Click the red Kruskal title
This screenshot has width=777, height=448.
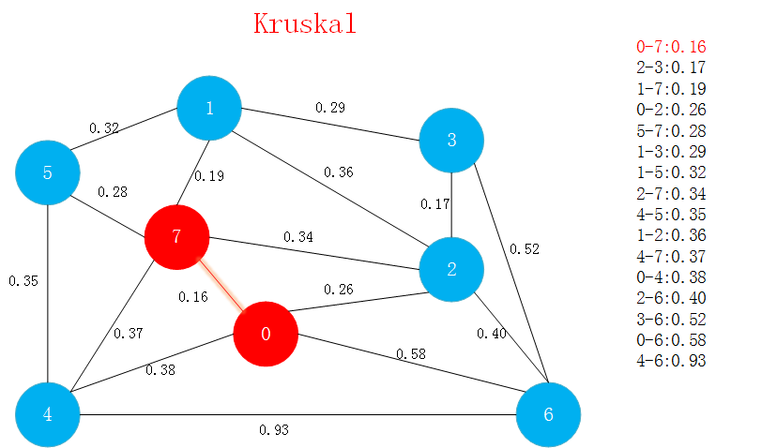coord(305,23)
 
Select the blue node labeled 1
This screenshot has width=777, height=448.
coord(209,108)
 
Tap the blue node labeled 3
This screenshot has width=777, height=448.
coord(451,141)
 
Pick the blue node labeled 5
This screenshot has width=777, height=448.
coord(48,173)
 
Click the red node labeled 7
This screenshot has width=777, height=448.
coord(176,236)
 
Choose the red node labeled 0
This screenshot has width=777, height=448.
coord(266,335)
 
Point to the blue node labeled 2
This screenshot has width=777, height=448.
coord(451,270)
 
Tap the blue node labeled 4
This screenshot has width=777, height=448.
coord(48,414)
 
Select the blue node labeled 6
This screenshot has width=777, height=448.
coord(549,414)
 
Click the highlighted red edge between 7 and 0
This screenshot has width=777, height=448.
coord(222,287)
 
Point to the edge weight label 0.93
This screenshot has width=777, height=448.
coord(274,430)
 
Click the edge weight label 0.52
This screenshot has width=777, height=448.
coord(525,249)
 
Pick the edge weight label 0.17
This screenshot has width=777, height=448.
coord(435,203)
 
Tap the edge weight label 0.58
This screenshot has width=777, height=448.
coord(411,353)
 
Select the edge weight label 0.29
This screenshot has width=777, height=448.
coord(329,108)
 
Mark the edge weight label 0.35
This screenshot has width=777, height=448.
coord(23,280)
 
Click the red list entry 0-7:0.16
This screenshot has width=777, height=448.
coord(671,47)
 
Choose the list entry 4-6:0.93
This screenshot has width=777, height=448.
coord(671,361)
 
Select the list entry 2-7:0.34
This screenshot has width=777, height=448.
coord(671,193)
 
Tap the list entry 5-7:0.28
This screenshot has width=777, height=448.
coord(671,130)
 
